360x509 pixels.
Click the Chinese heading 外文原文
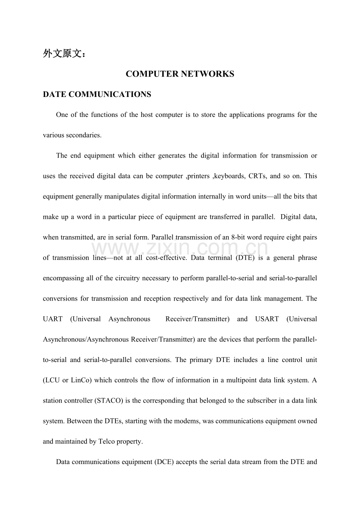[63, 54]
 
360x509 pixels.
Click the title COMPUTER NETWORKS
[180, 74]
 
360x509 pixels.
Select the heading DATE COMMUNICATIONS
[97, 94]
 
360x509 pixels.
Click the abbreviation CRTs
[257, 176]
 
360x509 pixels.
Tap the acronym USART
[267, 319]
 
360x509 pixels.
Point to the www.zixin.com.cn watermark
[180, 248]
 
